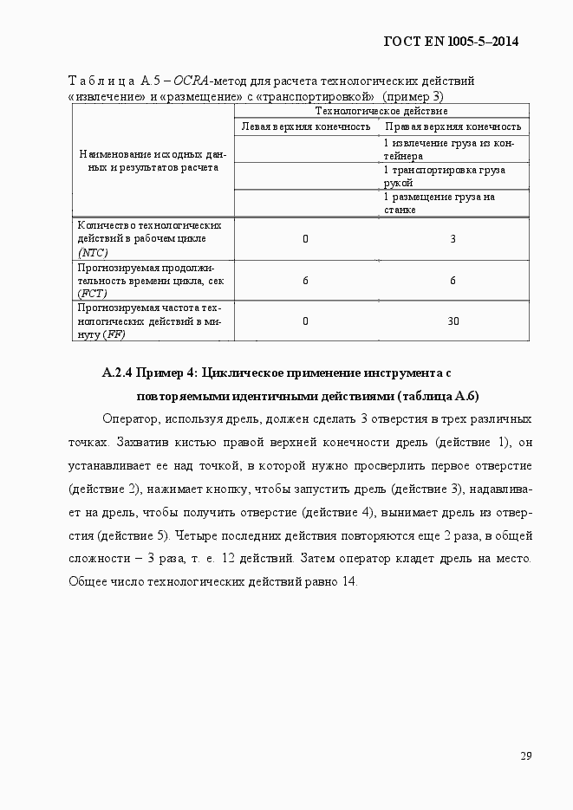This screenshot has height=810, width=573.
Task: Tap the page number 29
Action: (525, 755)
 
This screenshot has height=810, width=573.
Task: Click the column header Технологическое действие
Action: (381, 111)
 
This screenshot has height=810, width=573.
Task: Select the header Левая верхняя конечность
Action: (306, 126)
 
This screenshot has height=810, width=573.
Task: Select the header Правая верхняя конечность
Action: (453, 126)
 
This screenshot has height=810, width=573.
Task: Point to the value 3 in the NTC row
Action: (453, 238)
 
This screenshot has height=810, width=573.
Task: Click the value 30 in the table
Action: (453, 321)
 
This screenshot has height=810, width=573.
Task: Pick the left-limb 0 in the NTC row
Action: (306, 238)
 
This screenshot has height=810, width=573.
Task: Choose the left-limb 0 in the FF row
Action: (306, 321)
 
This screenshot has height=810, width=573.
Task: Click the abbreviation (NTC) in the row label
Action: (92, 252)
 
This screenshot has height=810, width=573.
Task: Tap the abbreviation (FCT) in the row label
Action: (91, 294)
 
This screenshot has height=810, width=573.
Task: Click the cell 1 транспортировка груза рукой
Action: (444, 176)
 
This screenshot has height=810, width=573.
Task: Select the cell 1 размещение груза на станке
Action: (439, 203)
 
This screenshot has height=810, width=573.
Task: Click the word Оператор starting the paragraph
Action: (129, 419)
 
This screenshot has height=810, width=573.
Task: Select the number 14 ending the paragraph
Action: (349, 580)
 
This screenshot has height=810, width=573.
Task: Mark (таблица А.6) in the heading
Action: (438, 397)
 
